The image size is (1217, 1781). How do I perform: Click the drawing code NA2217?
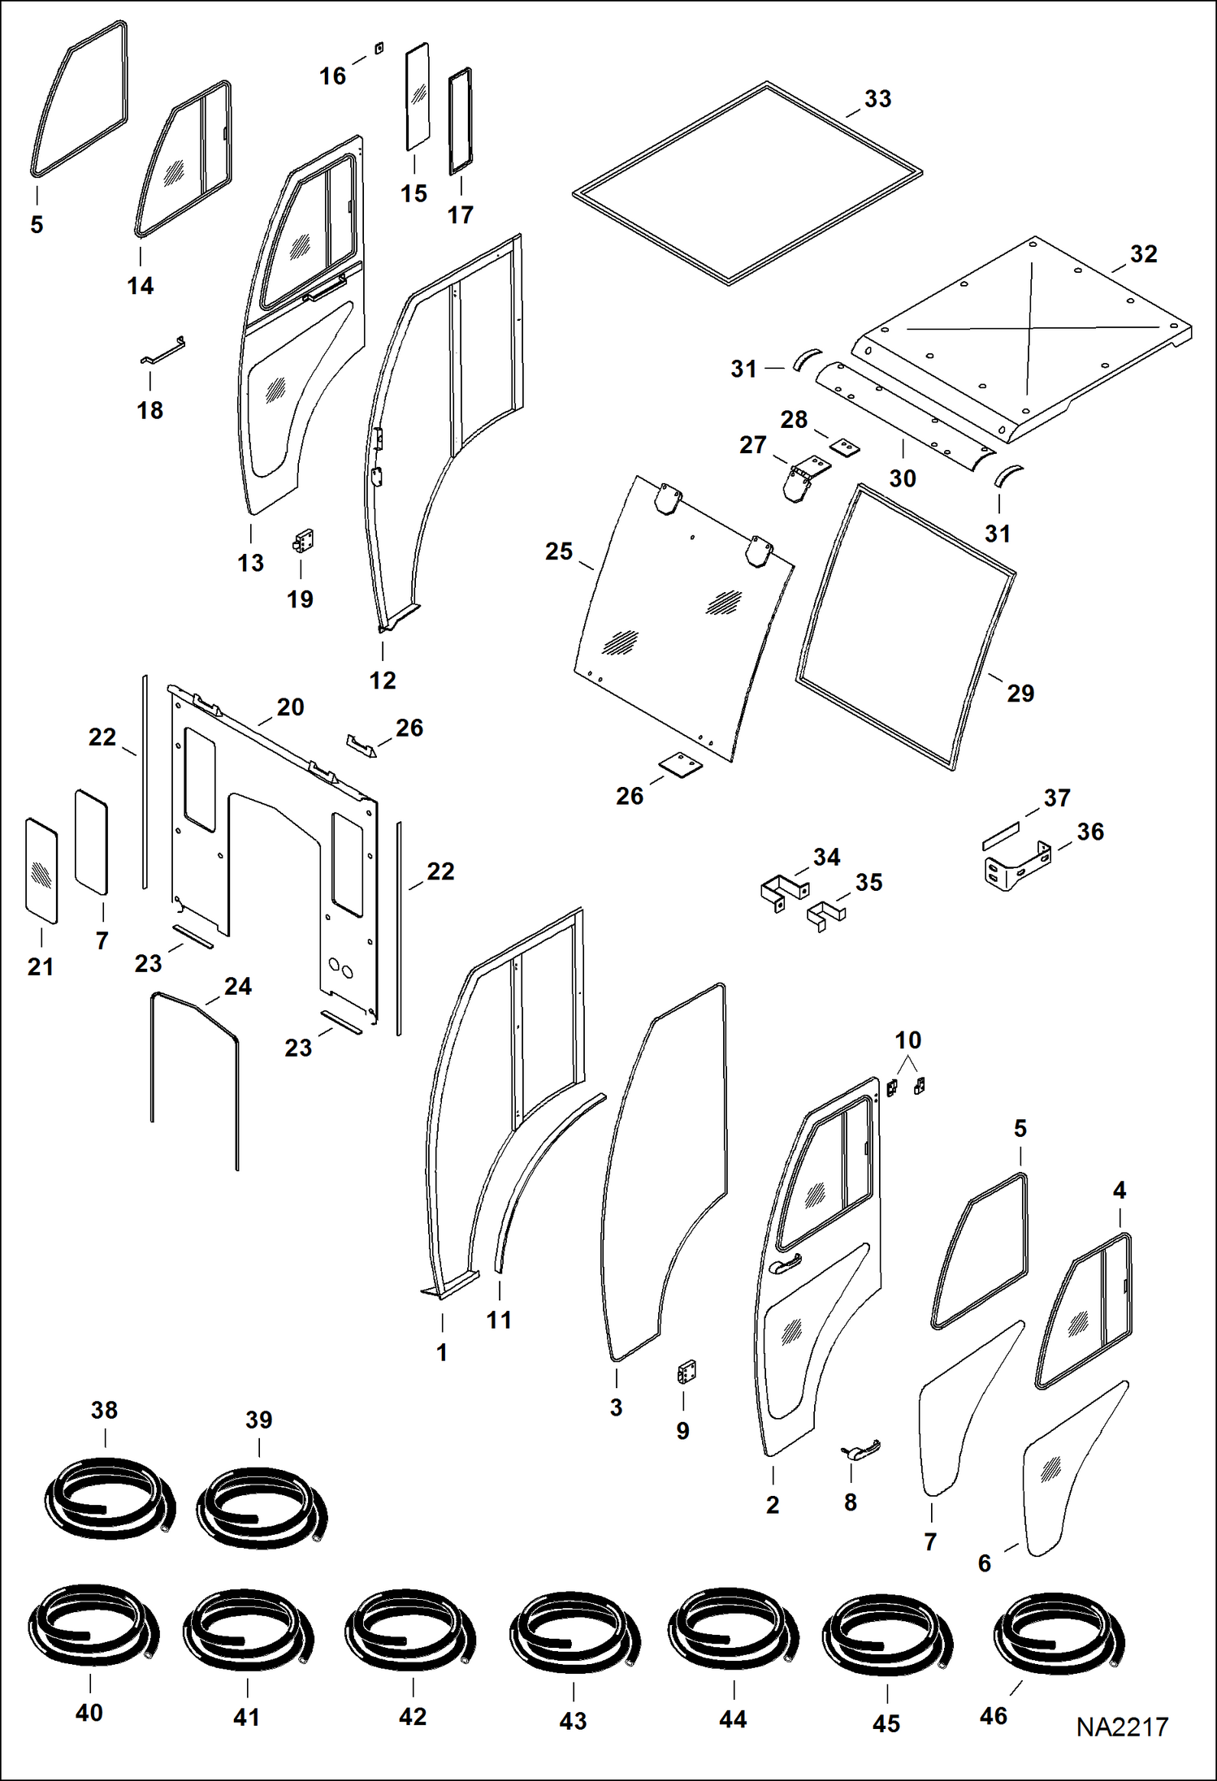(x=1122, y=1727)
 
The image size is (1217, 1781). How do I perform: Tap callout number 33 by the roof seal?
(x=877, y=99)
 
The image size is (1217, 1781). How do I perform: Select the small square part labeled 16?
(x=379, y=49)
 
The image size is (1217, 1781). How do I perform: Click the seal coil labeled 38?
(x=107, y=1498)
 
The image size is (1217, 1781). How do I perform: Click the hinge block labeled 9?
(x=686, y=1372)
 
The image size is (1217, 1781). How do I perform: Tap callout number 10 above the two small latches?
(x=907, y=1040)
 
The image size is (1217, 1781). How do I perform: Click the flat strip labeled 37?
(x=1000, y=835)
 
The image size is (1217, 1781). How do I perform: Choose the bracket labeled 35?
(x=826, y=915)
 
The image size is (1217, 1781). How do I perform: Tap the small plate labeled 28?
(x=844, y=447)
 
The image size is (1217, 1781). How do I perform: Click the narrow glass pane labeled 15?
(x=418, y=96)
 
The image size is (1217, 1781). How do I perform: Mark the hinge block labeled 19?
(x=304, y=541)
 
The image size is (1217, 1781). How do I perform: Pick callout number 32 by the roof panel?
(x=1143, y=254)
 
